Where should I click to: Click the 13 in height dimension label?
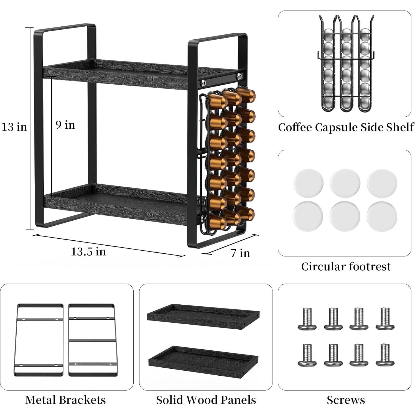(14, 127)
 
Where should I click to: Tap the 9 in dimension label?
(65, 125)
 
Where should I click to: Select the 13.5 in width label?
(88, 252)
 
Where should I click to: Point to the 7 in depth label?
(240, 253)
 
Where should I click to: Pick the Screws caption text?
(346, 400)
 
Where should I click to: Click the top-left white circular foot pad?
(308, 183)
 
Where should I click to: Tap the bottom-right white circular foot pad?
(381, 216)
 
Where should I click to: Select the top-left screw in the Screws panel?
(307, 319)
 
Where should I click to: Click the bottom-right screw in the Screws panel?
(385, 355)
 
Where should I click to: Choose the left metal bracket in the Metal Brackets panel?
(39, 340)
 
